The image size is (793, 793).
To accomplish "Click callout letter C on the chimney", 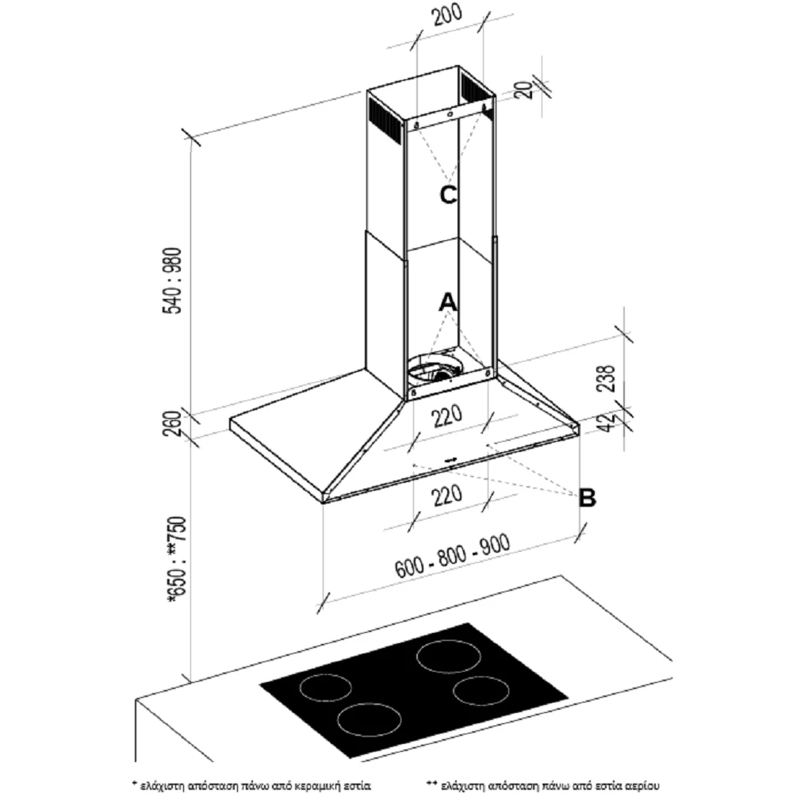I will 449,195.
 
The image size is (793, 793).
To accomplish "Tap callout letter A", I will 448,302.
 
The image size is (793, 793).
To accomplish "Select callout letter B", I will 588,498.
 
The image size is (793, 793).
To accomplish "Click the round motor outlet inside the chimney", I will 435,370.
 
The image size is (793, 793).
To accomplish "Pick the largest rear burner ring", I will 450,656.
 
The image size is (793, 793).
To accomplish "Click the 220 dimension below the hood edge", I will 448,496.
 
